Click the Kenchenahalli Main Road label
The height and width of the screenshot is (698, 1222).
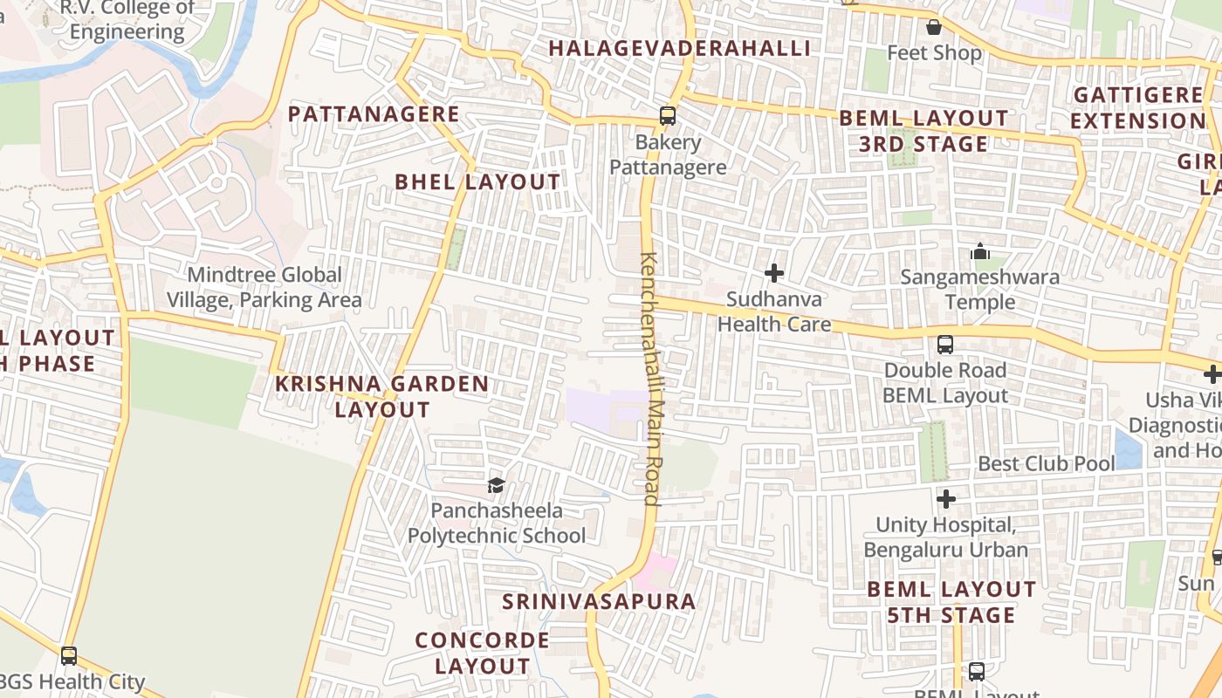(x=650, y=379)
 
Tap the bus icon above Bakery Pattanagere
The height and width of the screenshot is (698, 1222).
(x=668, y=115)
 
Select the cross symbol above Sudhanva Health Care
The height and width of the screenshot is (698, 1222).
(x=773, y=273)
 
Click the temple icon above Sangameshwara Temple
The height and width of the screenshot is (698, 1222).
(x=980, y=252)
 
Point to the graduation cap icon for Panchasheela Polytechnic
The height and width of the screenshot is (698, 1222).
(x=496, y=485)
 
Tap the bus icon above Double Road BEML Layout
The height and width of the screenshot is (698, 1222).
(x=945, y=344)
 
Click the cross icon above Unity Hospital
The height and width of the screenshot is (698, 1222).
(x=946, y=499)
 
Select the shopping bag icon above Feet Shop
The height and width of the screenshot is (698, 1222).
(x=934, y=27)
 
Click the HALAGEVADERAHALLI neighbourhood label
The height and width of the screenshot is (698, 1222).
(x=679, y=48)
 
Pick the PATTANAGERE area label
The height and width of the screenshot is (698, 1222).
(x=374, y=113)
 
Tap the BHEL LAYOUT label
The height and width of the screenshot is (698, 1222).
(x=477, y=181)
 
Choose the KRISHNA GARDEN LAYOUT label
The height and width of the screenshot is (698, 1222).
(x=382, y=396)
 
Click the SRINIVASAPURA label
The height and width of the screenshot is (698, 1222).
(x=599, y=601)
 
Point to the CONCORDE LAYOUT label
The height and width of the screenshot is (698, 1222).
(x=483, y=653)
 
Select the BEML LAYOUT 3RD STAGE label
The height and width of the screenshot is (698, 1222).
(x=923, y=131)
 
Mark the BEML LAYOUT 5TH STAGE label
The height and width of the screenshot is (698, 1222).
(x=951, y=602)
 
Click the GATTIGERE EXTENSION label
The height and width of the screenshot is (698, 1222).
(x=1138, y=107)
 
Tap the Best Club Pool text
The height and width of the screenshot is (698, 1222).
(x=1047, y=463)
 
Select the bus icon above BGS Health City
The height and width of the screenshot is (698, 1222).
(x=69, y=655)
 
